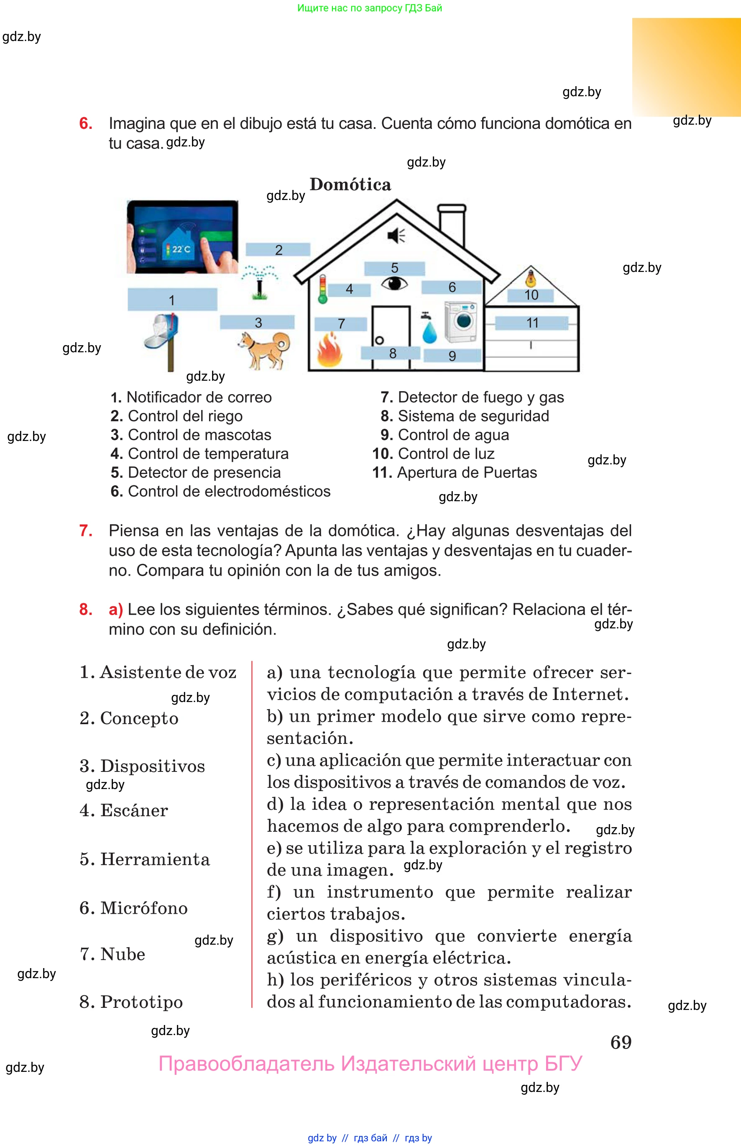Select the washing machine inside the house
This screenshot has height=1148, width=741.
[x=461, y=322]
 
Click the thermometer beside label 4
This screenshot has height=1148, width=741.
[x=322, y=289]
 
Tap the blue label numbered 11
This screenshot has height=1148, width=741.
[x=531, y=323]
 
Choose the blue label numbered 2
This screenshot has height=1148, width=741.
[x=278, y=250]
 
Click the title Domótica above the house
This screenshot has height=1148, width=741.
[x=350, y=184]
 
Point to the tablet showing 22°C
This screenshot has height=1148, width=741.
[x=182, y=237]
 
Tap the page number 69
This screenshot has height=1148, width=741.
[x=621, y=1042]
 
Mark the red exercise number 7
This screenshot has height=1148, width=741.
[x=86, y=530]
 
